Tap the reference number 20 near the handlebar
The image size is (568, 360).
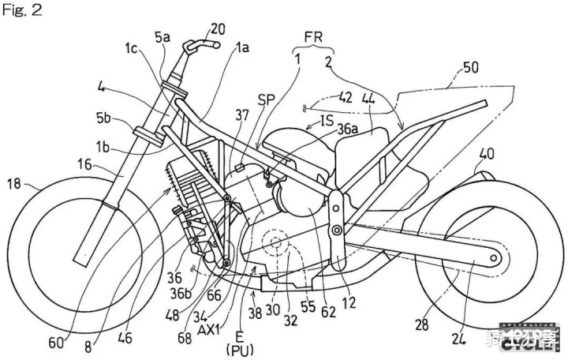tap(218, 29)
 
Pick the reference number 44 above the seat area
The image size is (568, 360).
tap(368, 98)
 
